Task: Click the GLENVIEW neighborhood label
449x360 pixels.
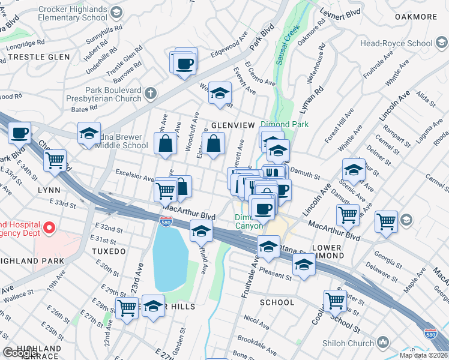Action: pyautogui.click(x=226, y=125)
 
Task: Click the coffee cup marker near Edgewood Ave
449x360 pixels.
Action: pyautogui.click(x=185, y=62)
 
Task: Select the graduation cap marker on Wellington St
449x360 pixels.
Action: pyautogui.click(x=220, y=94)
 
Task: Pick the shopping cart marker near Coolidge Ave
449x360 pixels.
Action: pyautogui.click(x=335, y=300)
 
